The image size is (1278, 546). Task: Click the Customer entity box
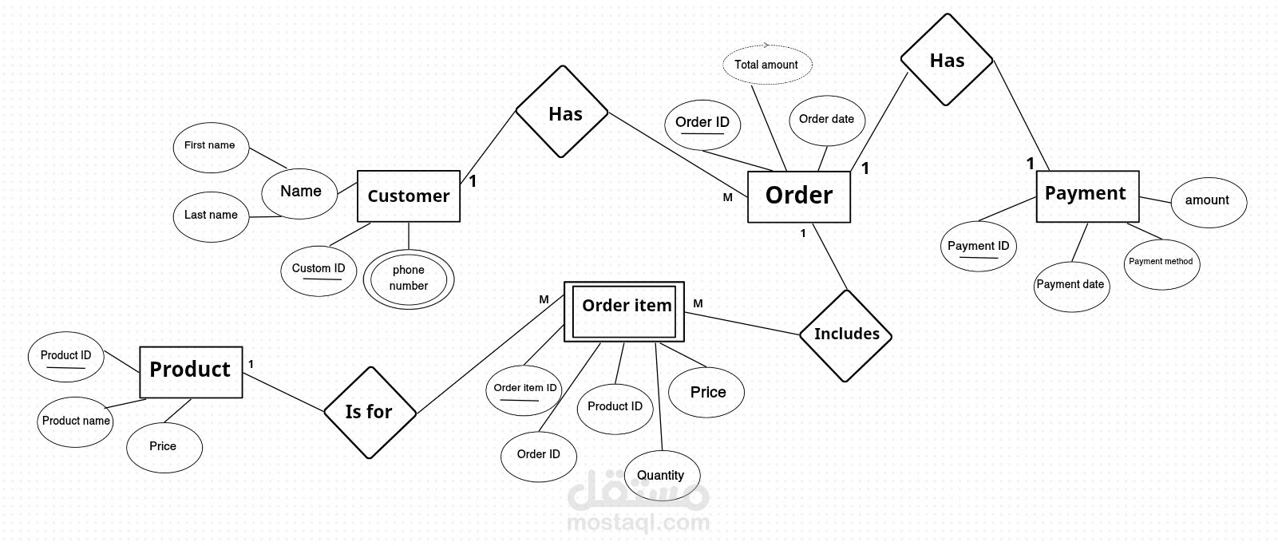[408, 196]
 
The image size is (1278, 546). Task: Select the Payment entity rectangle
[1086, 196]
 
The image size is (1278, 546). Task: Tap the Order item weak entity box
[624, 311]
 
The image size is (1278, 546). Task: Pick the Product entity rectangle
[191, 371]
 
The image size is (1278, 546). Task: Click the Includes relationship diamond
[845, 335]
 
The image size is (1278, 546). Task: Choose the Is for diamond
[370, 413]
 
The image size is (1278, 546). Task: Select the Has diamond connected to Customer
[562, 113]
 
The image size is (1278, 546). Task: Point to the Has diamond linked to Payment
[947, 60]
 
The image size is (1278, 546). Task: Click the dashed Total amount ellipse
[766, 65]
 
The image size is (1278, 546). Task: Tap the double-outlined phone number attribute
[409, 279]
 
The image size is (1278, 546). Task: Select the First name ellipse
[210, 147]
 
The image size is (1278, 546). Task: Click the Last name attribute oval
[211, 216]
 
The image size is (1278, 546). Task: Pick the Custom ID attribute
[319, 270]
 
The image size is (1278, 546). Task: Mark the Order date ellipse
[826, 120]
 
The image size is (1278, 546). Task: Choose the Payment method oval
[1161, 263]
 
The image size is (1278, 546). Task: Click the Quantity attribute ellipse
[661, 476]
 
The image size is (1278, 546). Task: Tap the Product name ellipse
[76, 421]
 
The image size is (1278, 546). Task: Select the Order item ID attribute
[524, 389]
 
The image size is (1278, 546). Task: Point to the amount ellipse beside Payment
[1208, 201]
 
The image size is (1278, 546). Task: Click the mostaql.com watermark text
[638, 524]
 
